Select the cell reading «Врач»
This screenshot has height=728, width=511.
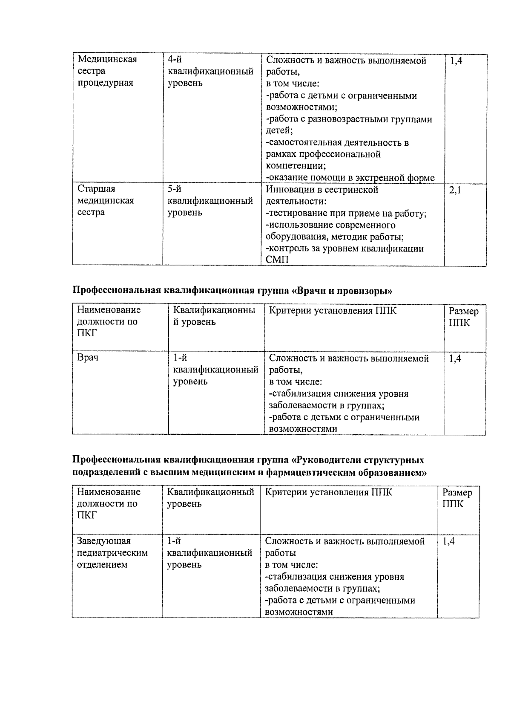88,357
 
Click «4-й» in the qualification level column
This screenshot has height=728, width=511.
175,60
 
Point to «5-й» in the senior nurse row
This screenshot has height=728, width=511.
175,189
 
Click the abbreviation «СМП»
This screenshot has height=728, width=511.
277,260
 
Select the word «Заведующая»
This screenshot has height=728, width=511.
103,541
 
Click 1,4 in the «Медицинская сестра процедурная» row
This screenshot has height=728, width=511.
456,61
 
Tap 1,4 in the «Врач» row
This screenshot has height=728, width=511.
455,358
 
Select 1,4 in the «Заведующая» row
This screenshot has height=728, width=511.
448,541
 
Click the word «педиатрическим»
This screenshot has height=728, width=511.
112,553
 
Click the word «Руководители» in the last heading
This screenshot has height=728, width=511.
328,460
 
